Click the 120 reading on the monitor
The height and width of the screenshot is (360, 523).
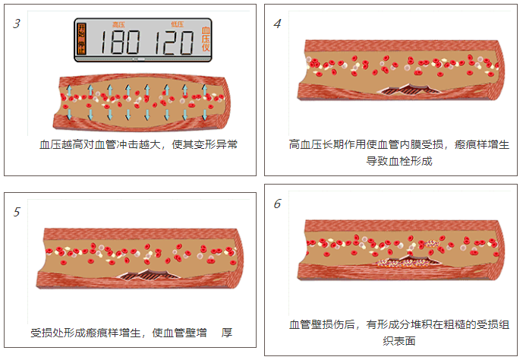pyautogui.click(x=172, y=43)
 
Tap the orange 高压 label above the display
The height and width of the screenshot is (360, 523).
pyautogui.click(x=118, y=25)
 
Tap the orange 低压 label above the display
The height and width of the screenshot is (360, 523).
pyautogui.click(x=177, y=25)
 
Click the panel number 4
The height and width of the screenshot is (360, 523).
pyautogui.click(x=277, y=24)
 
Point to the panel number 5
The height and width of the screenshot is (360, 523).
pyautogui.click(x=17, y=211)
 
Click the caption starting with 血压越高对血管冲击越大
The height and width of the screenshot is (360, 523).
pyautogui.click(x=138, y=144)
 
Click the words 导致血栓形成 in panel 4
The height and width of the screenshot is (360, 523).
pyautogui.click(x=399, y=161)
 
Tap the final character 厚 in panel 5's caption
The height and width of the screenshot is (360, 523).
pyautogui.click(x=226, y=333)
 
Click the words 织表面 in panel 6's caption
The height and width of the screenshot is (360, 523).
pyautogui.click(x=399, y=342)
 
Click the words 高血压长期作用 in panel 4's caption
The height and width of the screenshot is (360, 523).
pyautogui.click(x=326, y=144)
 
